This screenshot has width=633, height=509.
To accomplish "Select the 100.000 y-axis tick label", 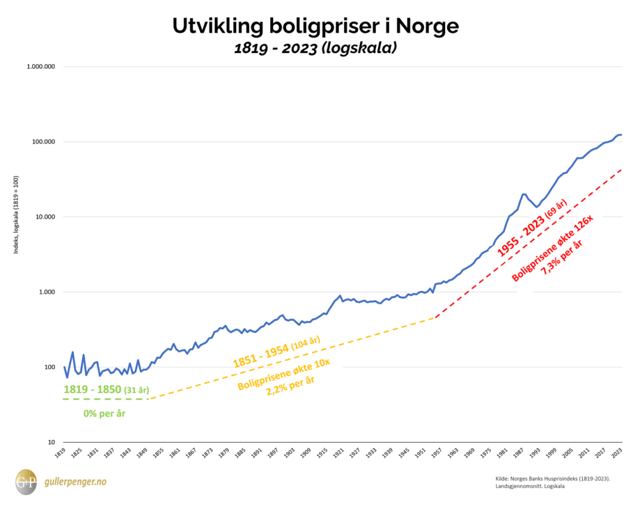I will [x=40, y=142].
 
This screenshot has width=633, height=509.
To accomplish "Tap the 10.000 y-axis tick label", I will [x=42, y=217].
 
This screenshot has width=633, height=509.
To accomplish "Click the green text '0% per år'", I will [x=104, y=413].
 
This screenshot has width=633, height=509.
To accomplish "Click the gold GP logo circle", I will [x=26, y=481].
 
